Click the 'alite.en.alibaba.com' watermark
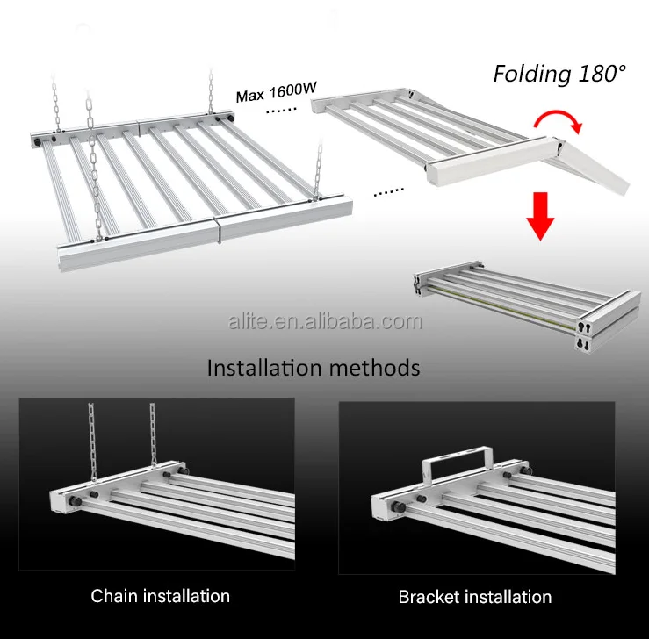tap(324, 321)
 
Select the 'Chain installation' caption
tap(160, 596)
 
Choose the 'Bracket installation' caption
tap(475, 597)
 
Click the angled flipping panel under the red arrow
tap(593, 162)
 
